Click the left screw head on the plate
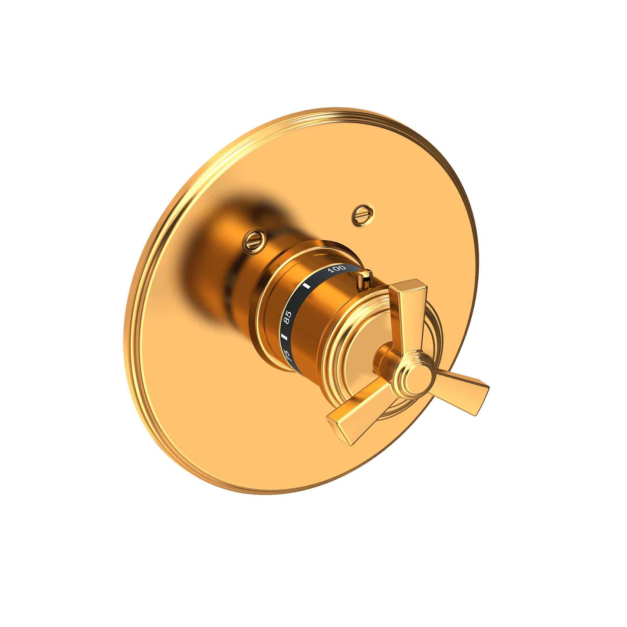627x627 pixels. [253, 240]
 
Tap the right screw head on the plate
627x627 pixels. [362, 214]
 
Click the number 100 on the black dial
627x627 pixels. [336, 269]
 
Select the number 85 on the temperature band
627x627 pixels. [287, 317]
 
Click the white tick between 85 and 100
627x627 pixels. [307, 286]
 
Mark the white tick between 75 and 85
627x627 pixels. [285, 337]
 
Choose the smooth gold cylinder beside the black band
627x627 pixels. [330, 312]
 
